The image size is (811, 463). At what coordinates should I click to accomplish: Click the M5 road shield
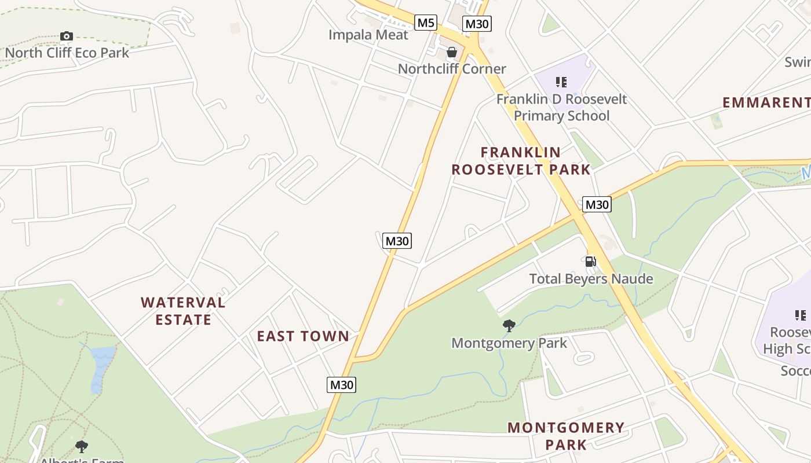(x=425, y=23)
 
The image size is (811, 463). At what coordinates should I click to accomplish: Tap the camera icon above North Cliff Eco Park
(x=67, y=36)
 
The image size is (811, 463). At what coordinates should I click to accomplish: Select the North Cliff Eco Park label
(x=67, y=53)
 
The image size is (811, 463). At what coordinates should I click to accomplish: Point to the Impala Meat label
(x=368, y=35)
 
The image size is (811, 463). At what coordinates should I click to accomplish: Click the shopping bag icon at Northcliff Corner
(x=452, y=53)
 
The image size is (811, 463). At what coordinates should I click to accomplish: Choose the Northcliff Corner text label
(x=452, y=69)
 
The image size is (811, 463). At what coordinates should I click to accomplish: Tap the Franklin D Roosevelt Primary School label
(x=561, y=107)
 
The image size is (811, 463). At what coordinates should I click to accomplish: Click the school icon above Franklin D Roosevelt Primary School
(x=561, y=82)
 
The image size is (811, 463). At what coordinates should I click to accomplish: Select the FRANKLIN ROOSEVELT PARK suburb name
(x=521, y=161)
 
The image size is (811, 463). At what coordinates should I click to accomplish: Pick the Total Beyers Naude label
(x=591, y=279)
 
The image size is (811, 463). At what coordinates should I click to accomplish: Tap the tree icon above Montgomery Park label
(x=509, y=326)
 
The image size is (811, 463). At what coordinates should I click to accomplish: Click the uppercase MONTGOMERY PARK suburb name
(x=566, y=436)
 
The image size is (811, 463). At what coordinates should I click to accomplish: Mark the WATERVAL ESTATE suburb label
(x=183, y=311)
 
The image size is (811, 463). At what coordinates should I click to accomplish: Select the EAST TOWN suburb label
(x=303, y=336)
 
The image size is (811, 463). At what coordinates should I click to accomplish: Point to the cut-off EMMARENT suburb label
(x=766, y=103)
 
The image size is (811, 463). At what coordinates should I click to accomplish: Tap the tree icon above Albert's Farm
(x=82, y=446)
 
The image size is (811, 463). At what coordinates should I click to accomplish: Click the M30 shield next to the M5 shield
(x=477, y=24)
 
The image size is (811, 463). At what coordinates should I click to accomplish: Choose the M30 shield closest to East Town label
(x=341, y=385)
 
